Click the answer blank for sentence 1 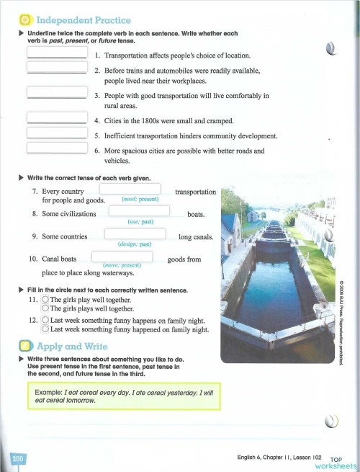click(x=57, y=53)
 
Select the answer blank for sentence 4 click(x=57, y=117)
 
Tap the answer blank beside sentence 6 click(x=57, y=148)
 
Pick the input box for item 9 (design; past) click(x=135, y=235)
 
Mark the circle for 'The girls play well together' click(x=45, y=300)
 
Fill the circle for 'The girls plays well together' click(x=45, y=309)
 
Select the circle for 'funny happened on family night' click(x=45, y=329)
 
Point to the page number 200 click(x=19, y=458)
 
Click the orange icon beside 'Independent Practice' click(x=24, y=19)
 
